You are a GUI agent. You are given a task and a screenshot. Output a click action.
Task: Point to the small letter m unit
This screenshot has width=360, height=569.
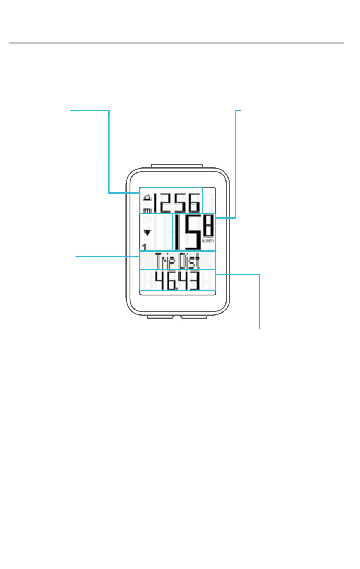[147, 210]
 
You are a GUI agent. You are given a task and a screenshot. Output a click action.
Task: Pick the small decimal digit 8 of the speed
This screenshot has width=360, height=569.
[208, 227]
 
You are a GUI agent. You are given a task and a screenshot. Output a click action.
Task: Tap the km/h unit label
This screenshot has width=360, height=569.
[208, 241]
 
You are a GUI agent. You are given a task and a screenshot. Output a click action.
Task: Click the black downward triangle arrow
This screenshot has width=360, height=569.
[147, 233]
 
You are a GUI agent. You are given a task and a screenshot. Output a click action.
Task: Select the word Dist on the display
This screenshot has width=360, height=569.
[189, 261]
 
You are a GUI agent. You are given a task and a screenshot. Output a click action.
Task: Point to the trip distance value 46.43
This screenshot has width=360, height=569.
[177, 281]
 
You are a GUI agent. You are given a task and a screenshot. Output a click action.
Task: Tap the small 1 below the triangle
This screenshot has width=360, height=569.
[144, 247]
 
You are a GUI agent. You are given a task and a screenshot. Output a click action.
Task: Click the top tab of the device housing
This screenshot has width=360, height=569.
[177, 166]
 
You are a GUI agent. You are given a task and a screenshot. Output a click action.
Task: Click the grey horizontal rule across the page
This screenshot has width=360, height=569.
[177, 43]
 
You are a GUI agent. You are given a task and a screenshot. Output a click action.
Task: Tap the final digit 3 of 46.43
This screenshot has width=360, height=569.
[194, 281]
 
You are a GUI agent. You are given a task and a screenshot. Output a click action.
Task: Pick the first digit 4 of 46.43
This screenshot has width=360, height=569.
[160, 281]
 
